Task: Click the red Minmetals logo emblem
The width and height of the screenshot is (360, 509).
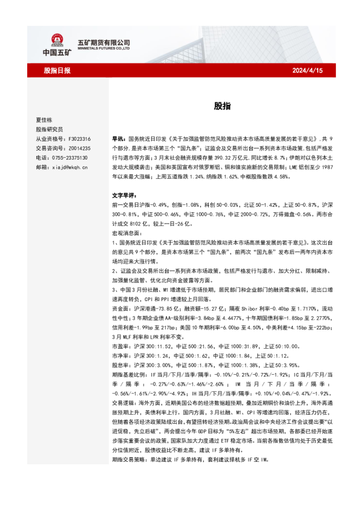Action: pyautogui.click(x=56, y=40)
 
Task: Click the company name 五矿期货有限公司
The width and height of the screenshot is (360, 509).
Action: pyautogui.click(x=104, y=42)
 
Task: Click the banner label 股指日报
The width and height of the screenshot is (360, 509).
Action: pyautogui.click(x=57, y=71)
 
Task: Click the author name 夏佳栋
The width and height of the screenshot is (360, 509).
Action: pyautogui.click(x=45, y=120)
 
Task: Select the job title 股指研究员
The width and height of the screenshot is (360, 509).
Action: pyautogui.click(x=49, y=129)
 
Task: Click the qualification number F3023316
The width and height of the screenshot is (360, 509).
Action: pyautogui.click(x=79, y=138)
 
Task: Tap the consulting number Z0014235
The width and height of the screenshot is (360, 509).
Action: pyautogui.click(x=79, y=148)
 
